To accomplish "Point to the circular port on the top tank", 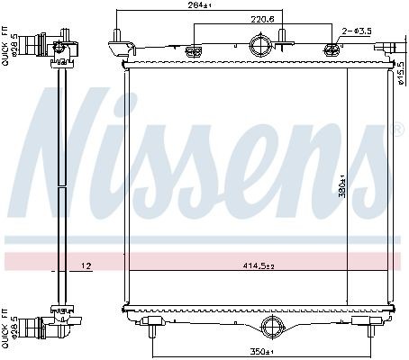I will pos(259,46).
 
